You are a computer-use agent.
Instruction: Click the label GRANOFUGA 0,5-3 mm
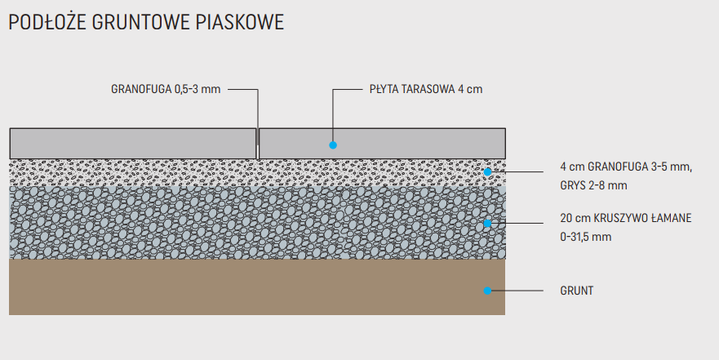(166, 89)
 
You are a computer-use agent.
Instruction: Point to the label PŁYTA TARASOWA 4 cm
(425, 89)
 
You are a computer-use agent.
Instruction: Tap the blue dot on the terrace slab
(333, 144)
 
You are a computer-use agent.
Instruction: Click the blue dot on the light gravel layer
(487, 171)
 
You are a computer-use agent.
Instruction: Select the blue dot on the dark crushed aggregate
(487, 223)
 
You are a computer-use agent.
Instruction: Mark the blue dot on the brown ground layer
(487, 290)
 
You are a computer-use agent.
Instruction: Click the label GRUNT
(577, 290)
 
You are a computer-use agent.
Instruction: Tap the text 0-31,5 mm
(585, 237)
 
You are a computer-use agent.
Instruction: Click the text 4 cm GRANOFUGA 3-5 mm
(626, 167)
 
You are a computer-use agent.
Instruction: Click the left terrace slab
(131, 143)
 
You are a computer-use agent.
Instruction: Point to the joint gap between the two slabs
(258, 144)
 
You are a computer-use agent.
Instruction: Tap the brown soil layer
(245, 287)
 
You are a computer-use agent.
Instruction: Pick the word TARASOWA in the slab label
(428, 89)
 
